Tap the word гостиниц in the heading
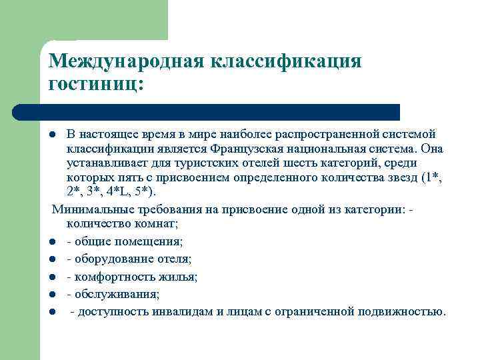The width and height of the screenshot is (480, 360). pos(93,85)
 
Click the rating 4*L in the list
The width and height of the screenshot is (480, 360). pos(122,193)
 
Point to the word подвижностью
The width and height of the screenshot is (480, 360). pos(400,311)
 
